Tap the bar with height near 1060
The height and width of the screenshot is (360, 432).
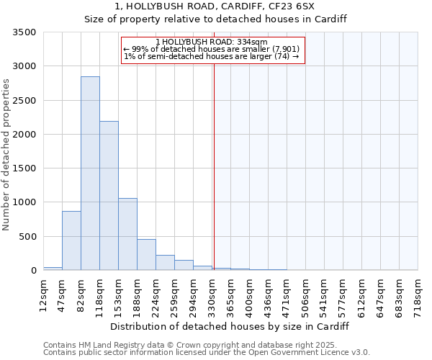click(x=127, y=234)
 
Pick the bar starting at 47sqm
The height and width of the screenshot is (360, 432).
click(x=71, y=240)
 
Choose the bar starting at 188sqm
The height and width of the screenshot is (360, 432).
click(x=146, y=255)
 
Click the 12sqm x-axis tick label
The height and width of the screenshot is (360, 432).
click(x=43, y=294)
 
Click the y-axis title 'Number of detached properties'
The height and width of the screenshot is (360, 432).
click(x=6, y=156)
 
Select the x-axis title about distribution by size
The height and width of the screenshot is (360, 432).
click(x=230, y=326)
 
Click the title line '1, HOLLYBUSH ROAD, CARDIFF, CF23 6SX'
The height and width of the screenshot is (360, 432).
click(x=215, y=6)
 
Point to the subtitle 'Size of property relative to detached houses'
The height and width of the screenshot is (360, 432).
click(x=215, y=19)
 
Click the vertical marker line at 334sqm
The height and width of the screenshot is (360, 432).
click(x=214, y=166)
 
